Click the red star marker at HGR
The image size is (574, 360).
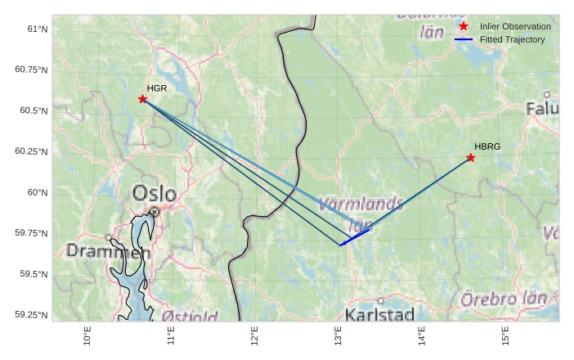point(143,99)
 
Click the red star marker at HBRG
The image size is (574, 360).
point(471,157)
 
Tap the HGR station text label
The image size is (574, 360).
point(157,88)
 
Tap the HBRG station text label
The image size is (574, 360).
point(487,146)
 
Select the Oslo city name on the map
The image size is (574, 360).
point(154,194)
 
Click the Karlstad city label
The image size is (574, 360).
point(379,314)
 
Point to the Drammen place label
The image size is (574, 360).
point(109,251)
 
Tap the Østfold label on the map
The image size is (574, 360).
point(190,316)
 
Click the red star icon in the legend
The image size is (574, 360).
point(464,26)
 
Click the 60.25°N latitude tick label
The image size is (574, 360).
point(32,151)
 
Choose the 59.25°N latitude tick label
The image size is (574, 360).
point(32,315)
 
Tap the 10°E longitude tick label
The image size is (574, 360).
point(87,335)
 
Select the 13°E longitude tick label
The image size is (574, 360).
point(339,335)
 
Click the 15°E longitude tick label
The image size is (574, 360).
point(505,335)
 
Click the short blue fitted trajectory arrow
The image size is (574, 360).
point(355,236)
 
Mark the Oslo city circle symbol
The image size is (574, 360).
point(155,211)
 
